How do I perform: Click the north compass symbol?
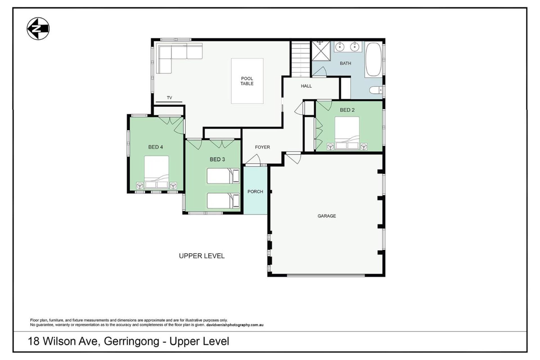(38, 29)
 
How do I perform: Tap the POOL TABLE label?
(247, 81)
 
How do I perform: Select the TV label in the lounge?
(169, 98)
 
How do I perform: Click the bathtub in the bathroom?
(373, 60)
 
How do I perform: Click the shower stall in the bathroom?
(321, 51)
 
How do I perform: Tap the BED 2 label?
(347, 110)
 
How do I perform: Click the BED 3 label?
(217, 159)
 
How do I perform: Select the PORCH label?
(255, 192)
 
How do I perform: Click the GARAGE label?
(327, 216)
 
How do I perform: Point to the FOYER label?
(262, 147)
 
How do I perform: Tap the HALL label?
(306, 86)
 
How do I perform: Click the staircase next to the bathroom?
(300, 58)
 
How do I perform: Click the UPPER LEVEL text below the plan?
(202, 256)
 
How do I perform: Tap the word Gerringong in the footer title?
(132, 341)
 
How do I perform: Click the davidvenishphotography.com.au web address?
(235, 325)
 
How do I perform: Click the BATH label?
(345, 63)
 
